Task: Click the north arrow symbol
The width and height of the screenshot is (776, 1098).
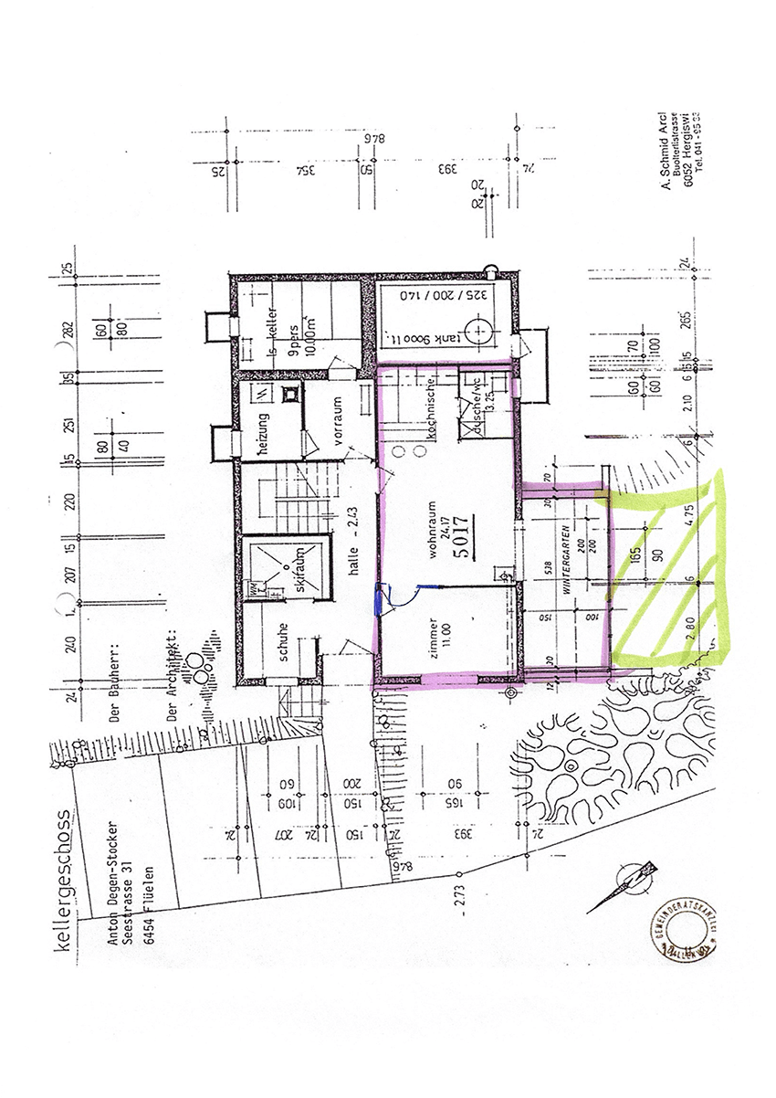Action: point(624,887)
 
